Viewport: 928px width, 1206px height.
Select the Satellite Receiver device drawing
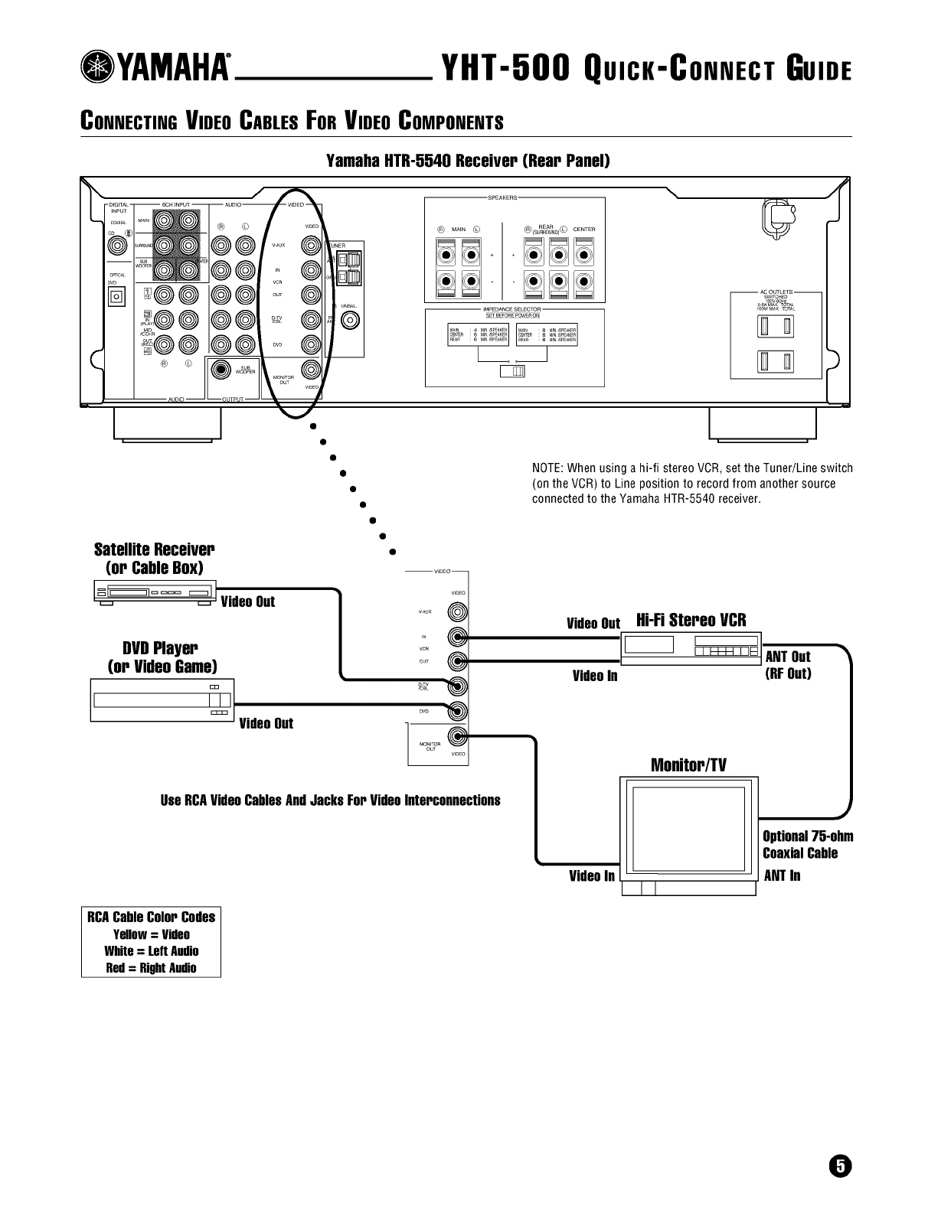pyautogui.click(x=152, y=593)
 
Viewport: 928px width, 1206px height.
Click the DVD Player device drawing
pyautogui.click(x=161, y=700)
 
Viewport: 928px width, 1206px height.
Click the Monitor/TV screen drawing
pyautogui.click(x=688, y=829)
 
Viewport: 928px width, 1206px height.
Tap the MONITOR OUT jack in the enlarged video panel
pyautogui.click(x=459, y=737)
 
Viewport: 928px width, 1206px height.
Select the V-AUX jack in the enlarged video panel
pyautogui.click(x=459, y=612)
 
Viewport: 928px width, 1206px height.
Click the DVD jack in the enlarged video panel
pyautogui.click(x=459, y=712)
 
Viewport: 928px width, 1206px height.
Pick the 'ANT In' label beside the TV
pyautogui.click(x=782, y=875)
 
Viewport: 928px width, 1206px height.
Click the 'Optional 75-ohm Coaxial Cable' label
pyautogui.click(x=807, y=845)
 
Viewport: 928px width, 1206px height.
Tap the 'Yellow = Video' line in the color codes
pyautogui.click(x=151, y=934)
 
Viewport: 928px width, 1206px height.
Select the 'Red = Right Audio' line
pyautogui.click(x=151, y=968)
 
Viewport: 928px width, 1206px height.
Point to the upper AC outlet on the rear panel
pyautogui.click(x=775, y=327)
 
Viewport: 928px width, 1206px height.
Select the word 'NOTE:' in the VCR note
pyautogui.click(x=547, y=468)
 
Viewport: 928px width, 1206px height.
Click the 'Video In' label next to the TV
pyautogui.click(x=591, y=875)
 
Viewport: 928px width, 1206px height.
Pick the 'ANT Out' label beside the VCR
pyautogui.click(x=787, y=657)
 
